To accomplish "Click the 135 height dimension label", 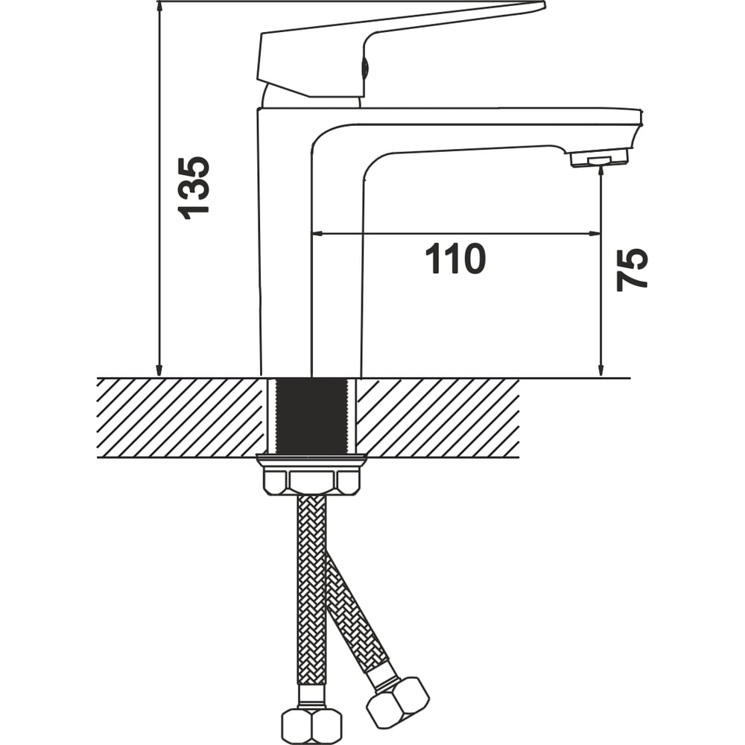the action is point(194,188).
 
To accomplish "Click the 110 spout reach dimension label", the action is point(454,259).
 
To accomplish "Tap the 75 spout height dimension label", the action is point(632,270).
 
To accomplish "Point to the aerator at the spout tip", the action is point(599,157).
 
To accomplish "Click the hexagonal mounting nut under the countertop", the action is point(311,482).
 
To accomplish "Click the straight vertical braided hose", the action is point(311,590).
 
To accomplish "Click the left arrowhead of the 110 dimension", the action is point(317,233).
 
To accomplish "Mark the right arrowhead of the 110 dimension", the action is point(595,233).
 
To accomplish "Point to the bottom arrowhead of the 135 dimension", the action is point(159,370).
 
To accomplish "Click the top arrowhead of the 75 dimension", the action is point(601,169).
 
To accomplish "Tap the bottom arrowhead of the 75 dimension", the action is point(601,370).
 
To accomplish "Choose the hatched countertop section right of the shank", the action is point(437,418).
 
